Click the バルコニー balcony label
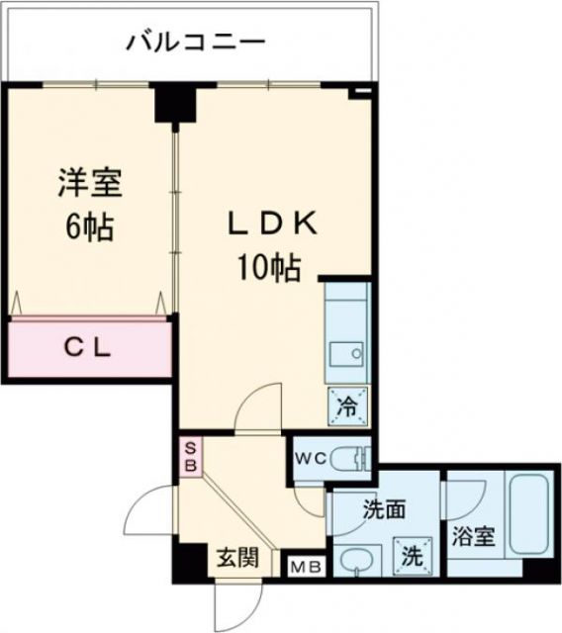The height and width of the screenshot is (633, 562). [x=195, y=43]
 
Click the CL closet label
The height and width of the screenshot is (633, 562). [x=88, y=348]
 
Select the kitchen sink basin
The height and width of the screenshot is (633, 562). [x=347, y=352]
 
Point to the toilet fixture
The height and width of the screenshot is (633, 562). [x=349, y=458]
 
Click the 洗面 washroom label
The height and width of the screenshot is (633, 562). [x=384, y=511]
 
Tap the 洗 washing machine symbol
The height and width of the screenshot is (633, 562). [x=410, y=553]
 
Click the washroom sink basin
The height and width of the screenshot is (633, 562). [x=355, y=560]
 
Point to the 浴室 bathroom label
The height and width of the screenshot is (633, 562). [x=474, y=538]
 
